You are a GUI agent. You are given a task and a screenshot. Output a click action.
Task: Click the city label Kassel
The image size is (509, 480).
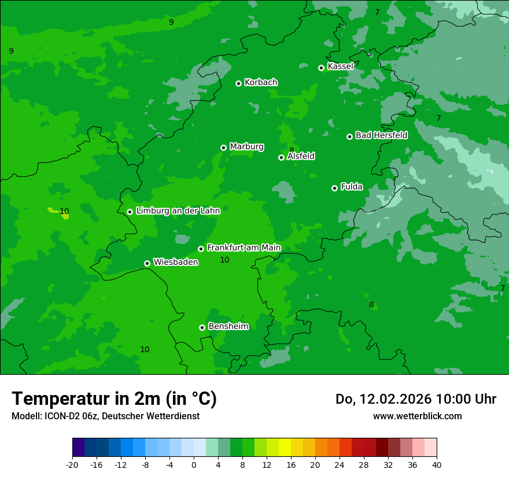[340, 67]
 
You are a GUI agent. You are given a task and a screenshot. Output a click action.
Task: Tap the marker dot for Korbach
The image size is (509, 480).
[238, 83]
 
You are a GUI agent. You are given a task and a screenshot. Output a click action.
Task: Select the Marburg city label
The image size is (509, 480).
[246, 147]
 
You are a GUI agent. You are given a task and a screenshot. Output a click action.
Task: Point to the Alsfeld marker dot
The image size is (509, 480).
[281, 157]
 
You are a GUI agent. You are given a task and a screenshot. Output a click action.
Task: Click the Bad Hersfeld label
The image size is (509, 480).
[381, 135]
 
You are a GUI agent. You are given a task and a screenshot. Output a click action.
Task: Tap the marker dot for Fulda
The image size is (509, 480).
[334, 188]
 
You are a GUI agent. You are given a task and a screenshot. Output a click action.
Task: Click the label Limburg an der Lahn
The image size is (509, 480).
[178, 211]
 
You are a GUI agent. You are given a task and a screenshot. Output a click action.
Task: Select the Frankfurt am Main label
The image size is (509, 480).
[244, 248]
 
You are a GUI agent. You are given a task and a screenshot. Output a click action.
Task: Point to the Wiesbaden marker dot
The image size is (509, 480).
[147, 263]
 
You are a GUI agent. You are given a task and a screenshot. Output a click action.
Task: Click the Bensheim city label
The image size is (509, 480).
[228, 326]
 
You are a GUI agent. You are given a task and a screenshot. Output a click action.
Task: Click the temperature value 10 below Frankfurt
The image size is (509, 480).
[224, 260]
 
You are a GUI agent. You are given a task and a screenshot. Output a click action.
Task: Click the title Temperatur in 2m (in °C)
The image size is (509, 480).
[114, 398]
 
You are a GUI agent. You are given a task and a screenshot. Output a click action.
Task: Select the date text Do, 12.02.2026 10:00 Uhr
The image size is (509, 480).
[415, 399]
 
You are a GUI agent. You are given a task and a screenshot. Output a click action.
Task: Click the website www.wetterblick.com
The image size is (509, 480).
[417, 416]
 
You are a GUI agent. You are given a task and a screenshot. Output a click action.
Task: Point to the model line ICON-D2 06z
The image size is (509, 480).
[105, 416]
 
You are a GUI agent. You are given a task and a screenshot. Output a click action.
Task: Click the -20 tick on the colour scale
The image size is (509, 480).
[72, 465]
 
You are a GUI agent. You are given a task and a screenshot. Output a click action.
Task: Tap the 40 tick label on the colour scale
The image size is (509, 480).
[437, 465]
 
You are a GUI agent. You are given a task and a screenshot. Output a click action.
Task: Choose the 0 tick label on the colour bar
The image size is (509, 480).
[194, 465]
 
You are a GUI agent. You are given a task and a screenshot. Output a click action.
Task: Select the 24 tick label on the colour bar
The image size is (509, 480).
[340, 465]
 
